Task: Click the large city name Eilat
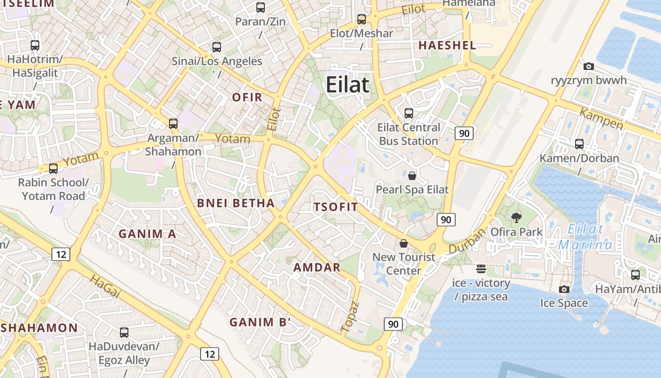click(x=347, y=85)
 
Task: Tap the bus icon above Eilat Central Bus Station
click(x=409, y=113)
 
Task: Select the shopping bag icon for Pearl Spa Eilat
click(x=412, y=176)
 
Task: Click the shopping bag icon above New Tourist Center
click(x=404, y=243)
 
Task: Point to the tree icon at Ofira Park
click(x=517, y=218)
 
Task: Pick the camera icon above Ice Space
click(x=564, y=289)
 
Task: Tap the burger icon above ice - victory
click(x=481, y=269)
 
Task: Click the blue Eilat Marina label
click(x=585, y=237)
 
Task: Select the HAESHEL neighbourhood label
click(x=447, y=45)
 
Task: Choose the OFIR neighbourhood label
click(x=247, y=97)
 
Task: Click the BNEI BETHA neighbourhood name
click(x=236, y=203)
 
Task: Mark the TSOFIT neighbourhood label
click(x=336, y=207)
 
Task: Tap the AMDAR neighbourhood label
click(x=317, y=267)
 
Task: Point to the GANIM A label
click(x=147, y=234)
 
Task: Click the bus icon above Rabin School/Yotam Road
click(x=53, y=168)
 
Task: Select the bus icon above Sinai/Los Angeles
click(x=217, y=47)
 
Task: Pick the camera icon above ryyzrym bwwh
click(x=588, y=66)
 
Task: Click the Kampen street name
click(x=601, y=119)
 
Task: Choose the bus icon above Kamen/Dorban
click(x=579, y=144)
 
